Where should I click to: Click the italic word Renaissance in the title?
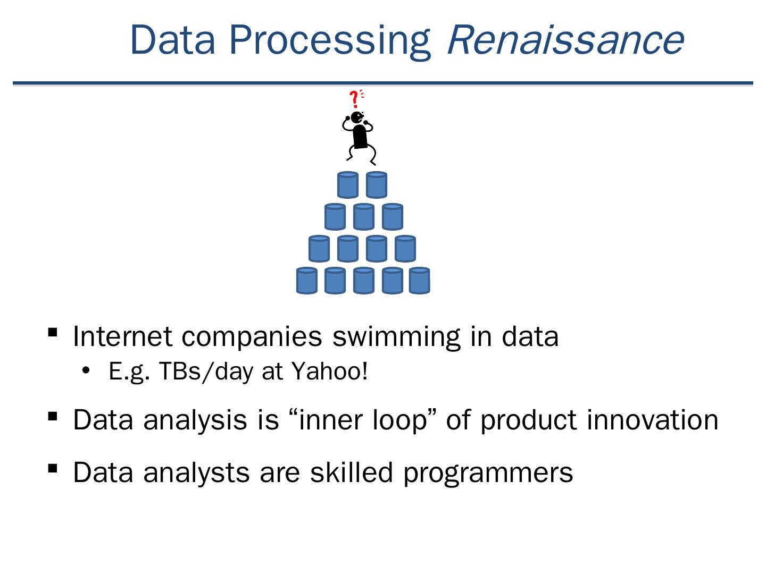pos(565,40)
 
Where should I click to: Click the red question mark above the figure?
pos(355,99)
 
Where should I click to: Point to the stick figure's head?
pos(357,117)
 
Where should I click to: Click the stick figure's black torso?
pos(360,136)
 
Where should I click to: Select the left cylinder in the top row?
pos(347,185)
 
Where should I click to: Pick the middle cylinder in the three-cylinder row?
pos(364,217)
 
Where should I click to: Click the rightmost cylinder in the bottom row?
pos(419,281)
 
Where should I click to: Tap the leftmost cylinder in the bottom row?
pos(307,281)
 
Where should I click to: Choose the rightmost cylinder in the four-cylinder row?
pos(405,249)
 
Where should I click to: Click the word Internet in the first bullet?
pos(122,336)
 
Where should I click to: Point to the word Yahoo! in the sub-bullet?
pos(329,371)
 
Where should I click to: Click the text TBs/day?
pos(205,372)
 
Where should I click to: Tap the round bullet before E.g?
pos(86,371)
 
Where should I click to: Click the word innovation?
pos(652,420)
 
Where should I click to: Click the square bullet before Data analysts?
pos(53,469)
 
